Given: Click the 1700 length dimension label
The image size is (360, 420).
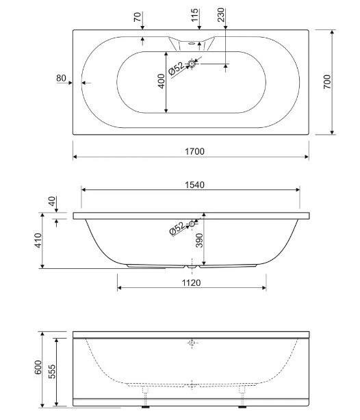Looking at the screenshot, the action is (x=194, y=151).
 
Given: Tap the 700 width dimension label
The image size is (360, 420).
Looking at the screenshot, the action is (x=327, y=81).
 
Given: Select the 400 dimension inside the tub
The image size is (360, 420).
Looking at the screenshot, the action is (x=161, y=81).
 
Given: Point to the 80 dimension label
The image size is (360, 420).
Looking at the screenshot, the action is (x=61, y=78).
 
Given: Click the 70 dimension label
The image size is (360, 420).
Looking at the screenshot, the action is (x=138, y=17).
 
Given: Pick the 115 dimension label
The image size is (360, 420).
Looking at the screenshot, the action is (x=194, y=15).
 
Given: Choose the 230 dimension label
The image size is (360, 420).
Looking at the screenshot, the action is (x=220, y=15).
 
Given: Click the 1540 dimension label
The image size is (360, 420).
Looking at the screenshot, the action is (x=194, y=185).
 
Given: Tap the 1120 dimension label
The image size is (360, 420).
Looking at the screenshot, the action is (x=192, y=283).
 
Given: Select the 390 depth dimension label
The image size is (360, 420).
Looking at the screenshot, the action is (x=199, y=240).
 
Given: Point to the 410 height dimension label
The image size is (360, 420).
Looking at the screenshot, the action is (x=38, y=240).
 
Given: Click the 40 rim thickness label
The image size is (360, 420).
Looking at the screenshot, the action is (x=52, y=201).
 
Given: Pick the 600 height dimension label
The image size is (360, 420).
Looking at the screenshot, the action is (x=38, y=367).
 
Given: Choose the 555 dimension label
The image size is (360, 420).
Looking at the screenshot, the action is (x=52, y=371).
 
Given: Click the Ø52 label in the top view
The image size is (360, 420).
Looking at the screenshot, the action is (x=177, y=68).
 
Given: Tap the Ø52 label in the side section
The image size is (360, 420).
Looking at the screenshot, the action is (x=177, y=228).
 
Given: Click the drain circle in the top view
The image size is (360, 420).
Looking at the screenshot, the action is (x=192, y=64).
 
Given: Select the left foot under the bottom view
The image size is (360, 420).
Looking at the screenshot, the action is (x=145, y=407).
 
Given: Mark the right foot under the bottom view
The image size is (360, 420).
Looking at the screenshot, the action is (x=242, y=407).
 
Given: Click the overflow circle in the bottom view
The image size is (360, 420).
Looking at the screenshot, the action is (x=192, y=343).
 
